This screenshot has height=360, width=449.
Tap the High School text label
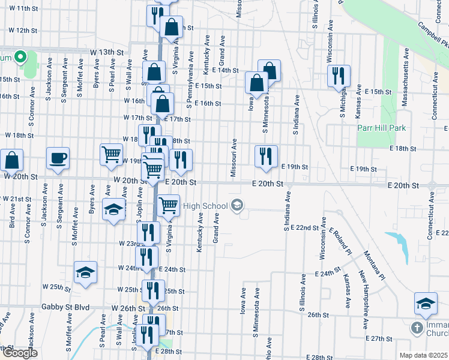(205, 206)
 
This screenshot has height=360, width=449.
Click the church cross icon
(417, 328)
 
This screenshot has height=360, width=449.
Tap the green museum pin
(20, 58)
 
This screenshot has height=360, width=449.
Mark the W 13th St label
(110, 52)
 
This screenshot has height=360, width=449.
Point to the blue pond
(397, 245)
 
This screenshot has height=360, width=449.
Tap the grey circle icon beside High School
(237, 206)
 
